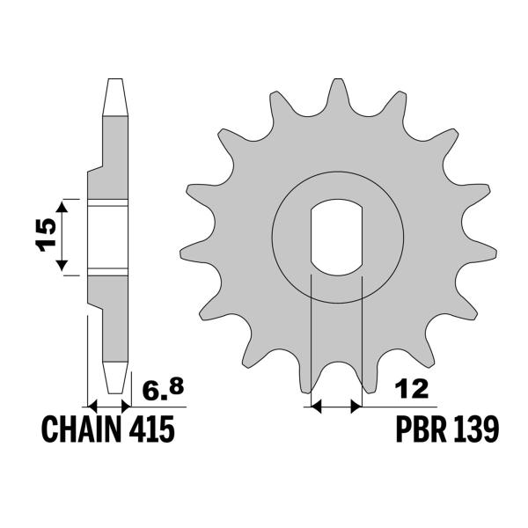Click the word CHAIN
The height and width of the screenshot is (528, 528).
coord(82,431)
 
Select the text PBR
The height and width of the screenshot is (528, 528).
coord(419,431)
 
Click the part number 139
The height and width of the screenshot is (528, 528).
coord(477,431)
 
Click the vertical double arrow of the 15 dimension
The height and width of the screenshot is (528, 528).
coord(62,236)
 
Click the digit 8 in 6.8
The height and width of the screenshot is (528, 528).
coord(180,383)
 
